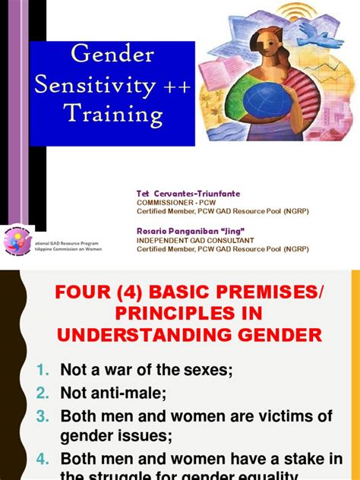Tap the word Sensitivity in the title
(x=91, y=85)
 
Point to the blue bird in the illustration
(x=314, y=32)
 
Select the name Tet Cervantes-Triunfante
(x=178, y=194)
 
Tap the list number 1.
(x=44, y=370)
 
